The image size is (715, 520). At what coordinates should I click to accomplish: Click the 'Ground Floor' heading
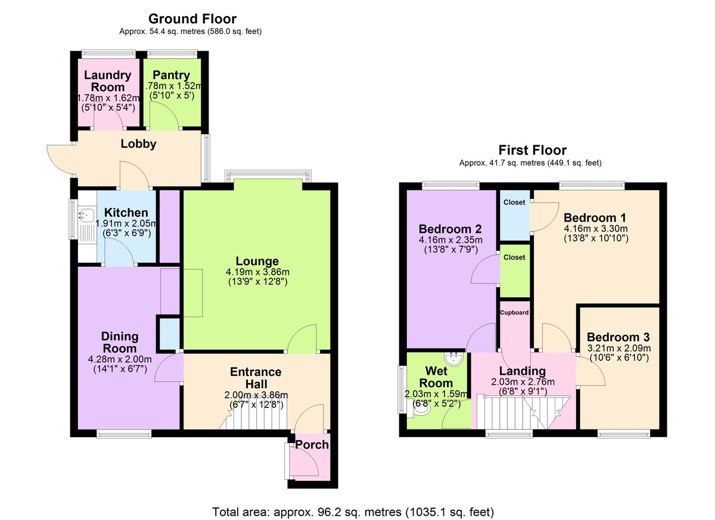pyautogui.click(x=192, y=19)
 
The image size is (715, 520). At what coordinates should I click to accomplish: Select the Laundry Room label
pyautogui.click(x=108, y=81)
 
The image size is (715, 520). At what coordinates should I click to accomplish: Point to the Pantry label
pyautogui.click(x=171, y=75)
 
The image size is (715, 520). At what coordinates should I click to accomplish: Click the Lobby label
pyautogui.click(x=138, y=144)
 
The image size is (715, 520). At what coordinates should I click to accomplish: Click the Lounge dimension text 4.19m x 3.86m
pyautogui.click(x=257, y=272)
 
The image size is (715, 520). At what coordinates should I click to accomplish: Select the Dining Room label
pyautogui.click(x=120, y=342)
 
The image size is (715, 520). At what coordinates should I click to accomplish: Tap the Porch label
pyautogui.click(x=312, y=444)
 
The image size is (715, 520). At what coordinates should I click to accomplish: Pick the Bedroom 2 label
pyautogui.click(x=450, y=229)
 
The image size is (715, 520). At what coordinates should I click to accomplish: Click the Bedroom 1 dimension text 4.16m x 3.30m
pyautogui.click(x=595, y=228)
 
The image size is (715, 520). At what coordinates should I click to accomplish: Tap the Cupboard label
pyautogui.click(x=514, y=312)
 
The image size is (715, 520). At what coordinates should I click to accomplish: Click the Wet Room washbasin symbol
pyautogui.click(x=454, y=359)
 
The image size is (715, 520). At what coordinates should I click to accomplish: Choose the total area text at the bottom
pyautogui.click(x=353, y=512)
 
